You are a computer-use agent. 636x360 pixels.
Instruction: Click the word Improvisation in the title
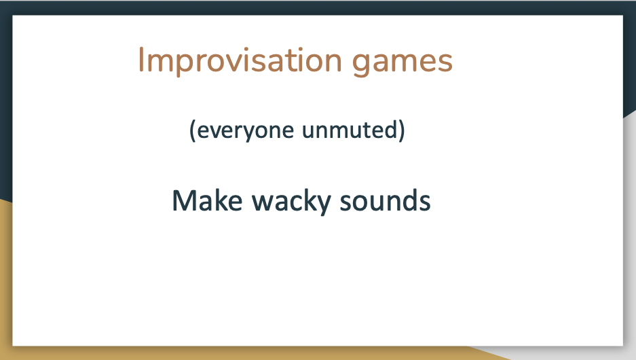[240, 61]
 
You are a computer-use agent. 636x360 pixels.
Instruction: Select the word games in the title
[402, 63]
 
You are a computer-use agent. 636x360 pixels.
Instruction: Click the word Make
[207, 200]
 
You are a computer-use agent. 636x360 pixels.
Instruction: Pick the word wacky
[291, 202]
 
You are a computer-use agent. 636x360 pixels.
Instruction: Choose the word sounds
[385, 200]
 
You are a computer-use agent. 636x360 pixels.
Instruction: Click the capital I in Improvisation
[141, 60]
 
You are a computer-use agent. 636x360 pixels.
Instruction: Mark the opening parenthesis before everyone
[193, 130]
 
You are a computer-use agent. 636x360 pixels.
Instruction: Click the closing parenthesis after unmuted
[401, 130]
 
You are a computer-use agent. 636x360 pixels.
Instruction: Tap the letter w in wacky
[263, 203]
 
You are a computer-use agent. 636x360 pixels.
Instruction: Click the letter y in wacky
[322, 205]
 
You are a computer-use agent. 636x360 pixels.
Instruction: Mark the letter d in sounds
[407, 200]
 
